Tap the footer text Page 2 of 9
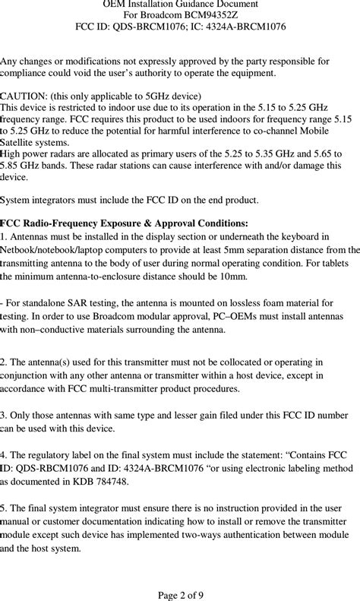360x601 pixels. coord(180,594)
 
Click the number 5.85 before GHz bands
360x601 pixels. coord(13,165)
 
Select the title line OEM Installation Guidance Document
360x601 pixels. coord(180,4)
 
